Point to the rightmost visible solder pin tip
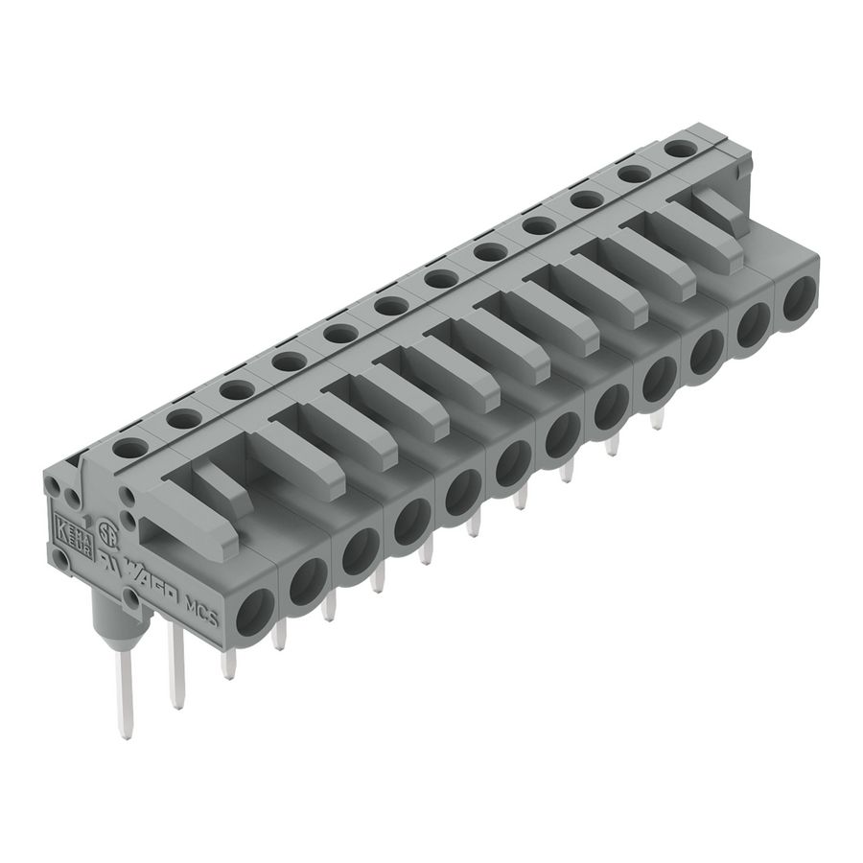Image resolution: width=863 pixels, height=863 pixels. click(x=658, y=423)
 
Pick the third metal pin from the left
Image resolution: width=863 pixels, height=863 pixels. click(x=228, y=664)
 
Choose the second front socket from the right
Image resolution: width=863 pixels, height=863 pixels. click(x=753, y=325)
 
